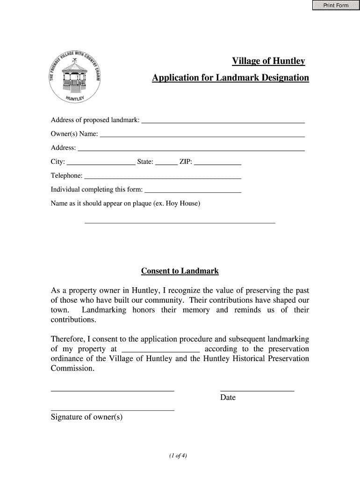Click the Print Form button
(x=336, y=5)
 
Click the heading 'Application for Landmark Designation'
(x=230, y=78)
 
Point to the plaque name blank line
(x=180, y=222)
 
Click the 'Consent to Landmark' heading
(x=180, y=271)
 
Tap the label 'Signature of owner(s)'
(x=86, y=417)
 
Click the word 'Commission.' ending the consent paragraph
(x=72, y=369)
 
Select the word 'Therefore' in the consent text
(x=67, y=340)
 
